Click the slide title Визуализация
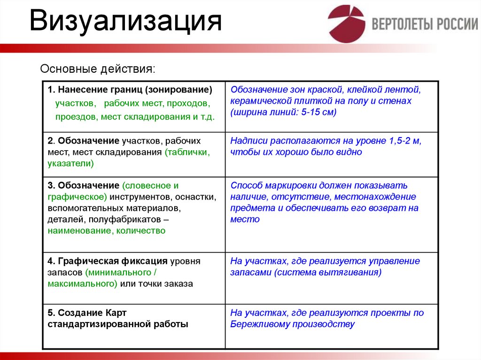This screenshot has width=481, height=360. (125, 22)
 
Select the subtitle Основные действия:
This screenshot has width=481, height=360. (97, 69)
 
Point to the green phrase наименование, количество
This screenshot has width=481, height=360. (106, 230)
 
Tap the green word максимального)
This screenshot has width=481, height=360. (82, 283)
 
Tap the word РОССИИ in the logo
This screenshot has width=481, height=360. (458, 24)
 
